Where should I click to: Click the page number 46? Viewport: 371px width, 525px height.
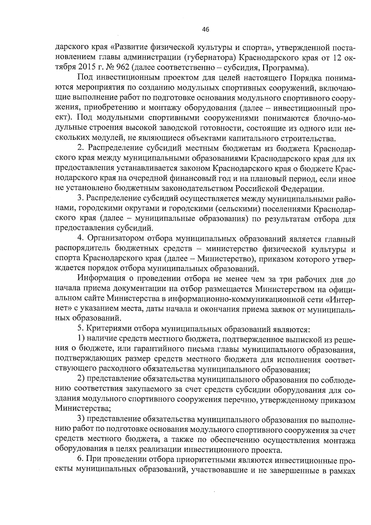(x=206, y=30)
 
